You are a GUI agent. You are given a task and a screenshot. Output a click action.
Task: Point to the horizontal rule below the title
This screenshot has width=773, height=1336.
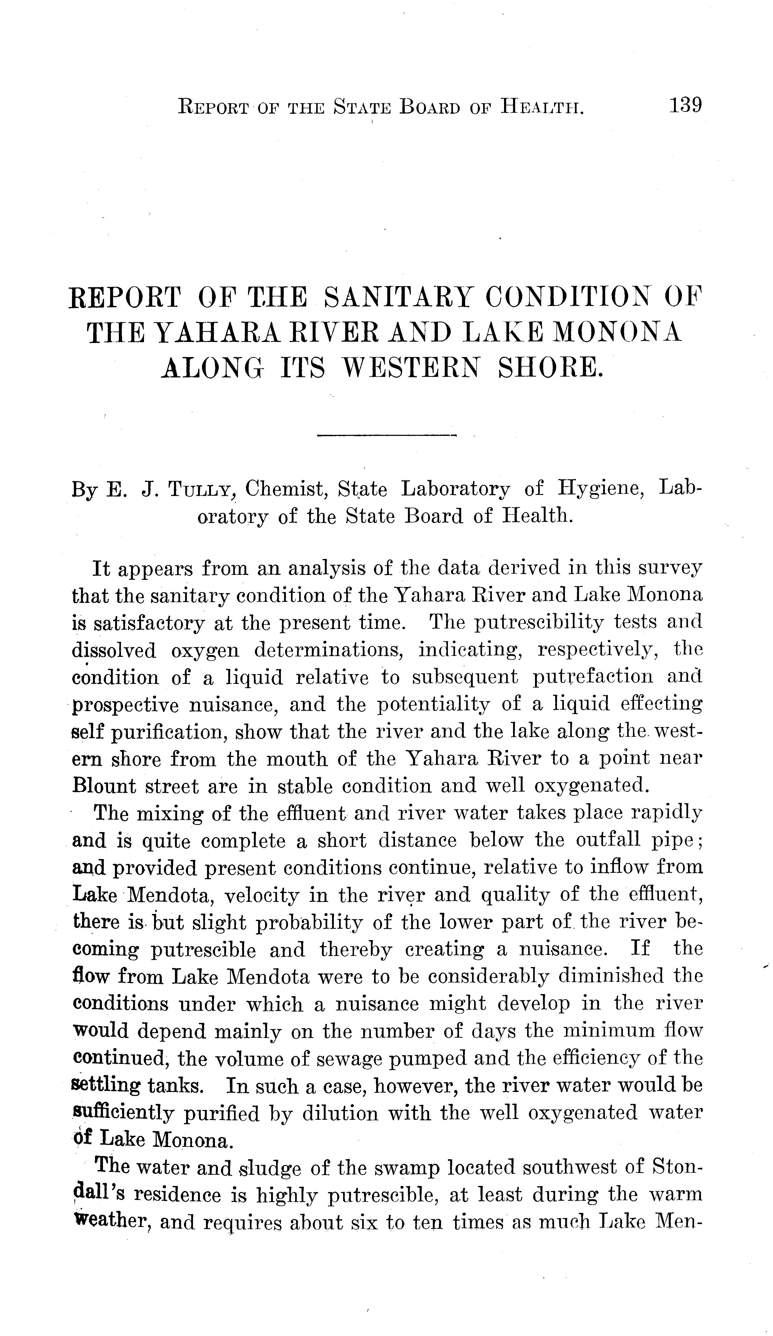(386, 436)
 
